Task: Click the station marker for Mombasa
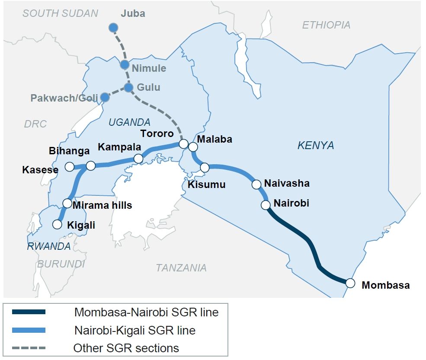350,283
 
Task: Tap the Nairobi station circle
266,205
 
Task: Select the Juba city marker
113,28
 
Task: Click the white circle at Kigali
57,224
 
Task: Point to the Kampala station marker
138,159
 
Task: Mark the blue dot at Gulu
128,87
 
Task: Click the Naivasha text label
287,183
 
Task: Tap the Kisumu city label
207,185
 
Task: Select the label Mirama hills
102,205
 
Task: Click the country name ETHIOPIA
326,25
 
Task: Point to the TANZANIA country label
181,268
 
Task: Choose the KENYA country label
316,146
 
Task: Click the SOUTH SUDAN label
61,13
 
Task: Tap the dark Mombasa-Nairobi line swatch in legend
29,312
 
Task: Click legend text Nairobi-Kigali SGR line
135,331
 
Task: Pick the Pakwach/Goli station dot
105,97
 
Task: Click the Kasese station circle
69,166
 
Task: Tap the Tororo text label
157,134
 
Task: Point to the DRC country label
35,124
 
